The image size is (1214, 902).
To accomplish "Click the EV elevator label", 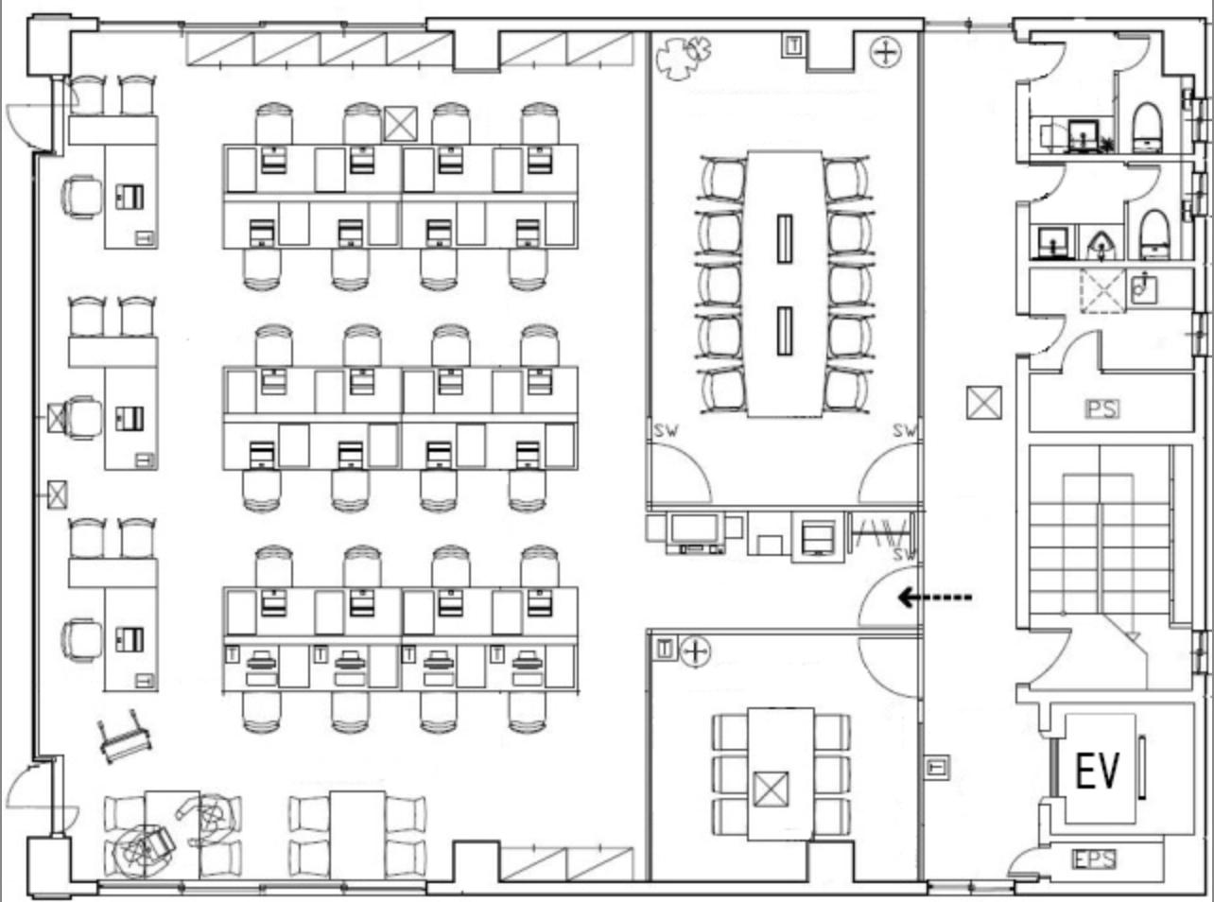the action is pyautogui.click(x=1097, y=772).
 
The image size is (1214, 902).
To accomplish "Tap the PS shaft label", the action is pyautogui.click(x=1102, y=409).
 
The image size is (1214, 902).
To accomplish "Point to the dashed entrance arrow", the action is pyautogui.click(x=935, y=598).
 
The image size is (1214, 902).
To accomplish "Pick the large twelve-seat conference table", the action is pyautogui.click(x=785, y=284).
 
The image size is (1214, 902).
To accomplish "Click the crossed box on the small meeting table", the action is pyautogui.click(x=771, y=789).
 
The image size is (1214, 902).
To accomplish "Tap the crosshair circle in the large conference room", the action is pyautogui.click(x=885, y=53).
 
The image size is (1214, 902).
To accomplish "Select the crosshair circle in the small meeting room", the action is pyautogui.click(x=695, y=651).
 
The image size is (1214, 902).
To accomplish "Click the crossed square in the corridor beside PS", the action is pyautogui.click(x=984, y=403).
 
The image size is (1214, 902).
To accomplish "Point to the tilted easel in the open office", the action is pyautogui.click(x=124, y=737).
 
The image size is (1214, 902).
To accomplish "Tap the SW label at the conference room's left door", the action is pyautogui.click(x=667, y=431).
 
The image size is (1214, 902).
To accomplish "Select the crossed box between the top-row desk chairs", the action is pyautogui.click(x=401, y=124).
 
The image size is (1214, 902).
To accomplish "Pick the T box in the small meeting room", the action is pyautogui.click(x=665, y=650).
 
